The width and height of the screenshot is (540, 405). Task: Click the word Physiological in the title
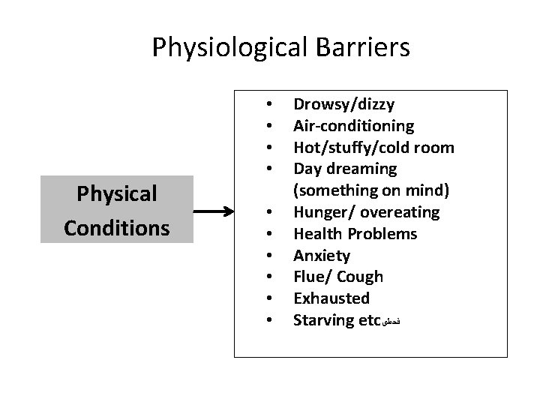[x=227, y=48]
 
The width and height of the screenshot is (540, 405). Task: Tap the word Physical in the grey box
[x=116, y=194]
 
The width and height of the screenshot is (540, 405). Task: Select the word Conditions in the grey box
[x=116, y=226]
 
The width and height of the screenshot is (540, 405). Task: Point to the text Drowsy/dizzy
[x=343, y=104]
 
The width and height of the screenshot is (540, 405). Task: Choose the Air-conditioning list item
[x=353, y=125]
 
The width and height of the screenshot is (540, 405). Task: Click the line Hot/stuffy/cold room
[x=373, y=147]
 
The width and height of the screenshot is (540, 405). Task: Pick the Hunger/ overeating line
[x=366, y=212]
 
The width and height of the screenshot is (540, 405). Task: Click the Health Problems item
[x=355, y=234]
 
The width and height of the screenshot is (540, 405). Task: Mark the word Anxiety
[x=321, y=256]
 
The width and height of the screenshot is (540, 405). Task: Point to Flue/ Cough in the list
[x=337, y=277]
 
